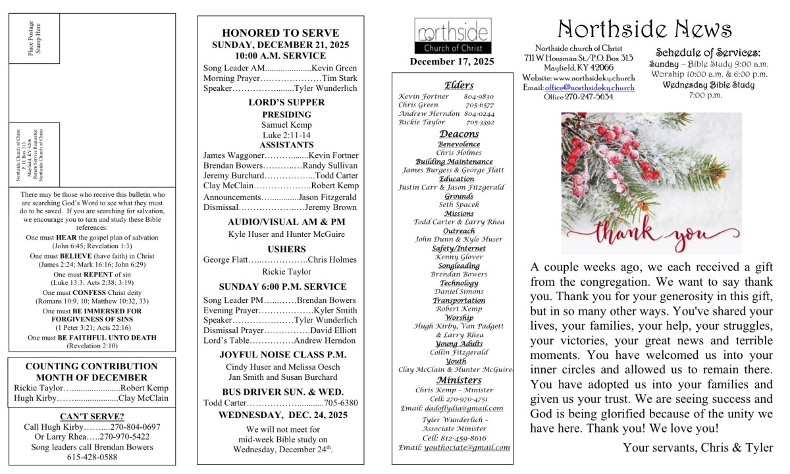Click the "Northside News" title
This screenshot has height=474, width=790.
(x=645, y=29)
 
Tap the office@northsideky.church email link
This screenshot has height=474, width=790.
(x=590, y=88)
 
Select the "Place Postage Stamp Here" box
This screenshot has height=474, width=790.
(x=34, y=38)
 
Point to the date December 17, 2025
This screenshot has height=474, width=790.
(x=452, y=62)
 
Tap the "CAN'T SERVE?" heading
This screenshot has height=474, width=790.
(x=92, y=416)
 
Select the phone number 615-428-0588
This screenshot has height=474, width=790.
(x=92, y=457)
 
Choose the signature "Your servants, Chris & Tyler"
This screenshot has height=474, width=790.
(x=698, y=448)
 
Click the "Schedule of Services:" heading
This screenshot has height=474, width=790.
(x=708, y=53)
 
